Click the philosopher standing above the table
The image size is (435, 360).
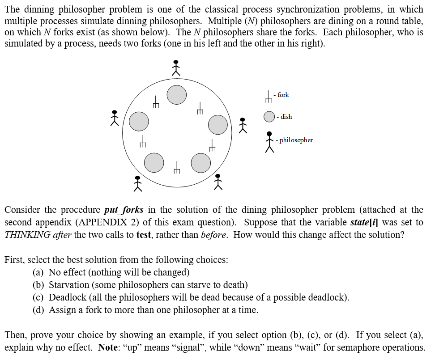[176, 68]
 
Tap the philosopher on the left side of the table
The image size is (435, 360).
[115, 118]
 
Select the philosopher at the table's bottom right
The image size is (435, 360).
[218, 182]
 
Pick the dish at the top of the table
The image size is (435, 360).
[177, 95]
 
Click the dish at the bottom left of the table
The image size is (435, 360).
[154, 162]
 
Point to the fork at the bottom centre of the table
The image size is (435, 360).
[177, 168]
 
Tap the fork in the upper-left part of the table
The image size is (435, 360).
[156, 102]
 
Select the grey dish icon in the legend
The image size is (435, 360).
[269, 117]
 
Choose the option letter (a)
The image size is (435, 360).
[39, 272]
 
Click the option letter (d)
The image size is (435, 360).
[39, 310]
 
